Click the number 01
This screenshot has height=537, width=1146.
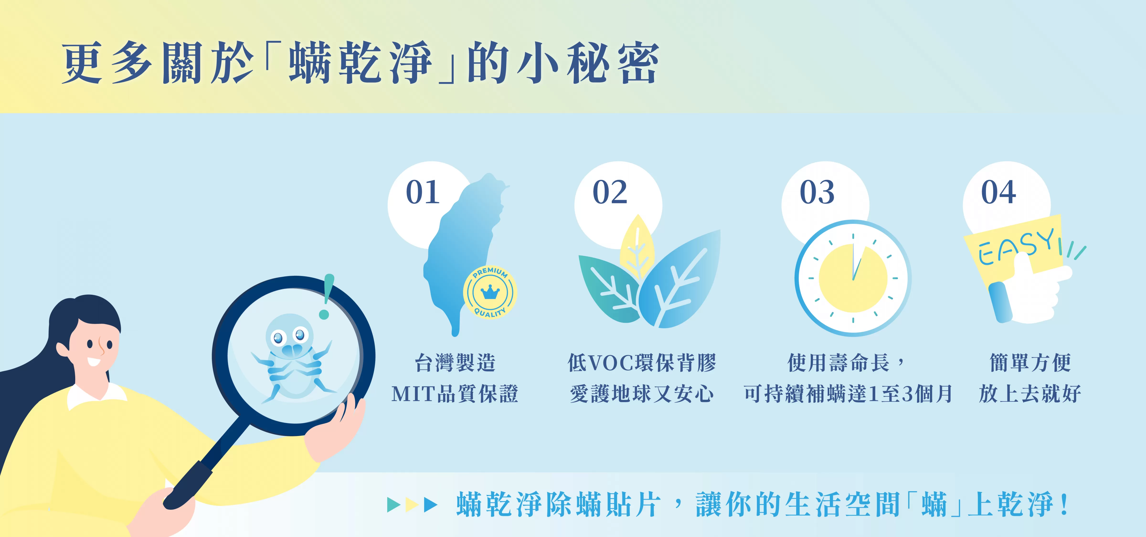423,192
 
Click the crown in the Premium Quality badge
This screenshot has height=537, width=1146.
490,292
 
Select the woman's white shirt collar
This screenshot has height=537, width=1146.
96,396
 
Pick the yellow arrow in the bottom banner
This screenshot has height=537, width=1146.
412,505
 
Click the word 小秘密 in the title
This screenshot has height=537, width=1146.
587,62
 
